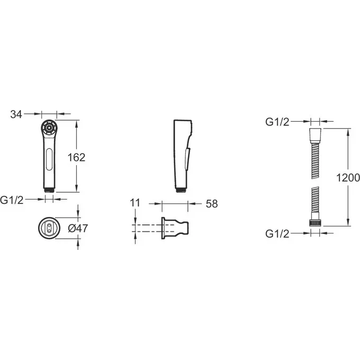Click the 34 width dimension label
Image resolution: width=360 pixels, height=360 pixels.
click(x=16, y=114)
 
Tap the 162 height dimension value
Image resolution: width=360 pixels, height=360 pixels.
click(x=76, y=158)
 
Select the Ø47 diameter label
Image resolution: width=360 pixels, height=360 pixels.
click(x=78, y=228)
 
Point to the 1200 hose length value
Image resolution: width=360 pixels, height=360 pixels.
click(x=348, y=178)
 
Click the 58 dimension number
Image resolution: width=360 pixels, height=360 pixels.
click(x=212, y=204)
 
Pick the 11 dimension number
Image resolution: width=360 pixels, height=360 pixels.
click(x=135, y=203)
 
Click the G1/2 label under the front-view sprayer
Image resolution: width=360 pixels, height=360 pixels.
click(x=12, y=200)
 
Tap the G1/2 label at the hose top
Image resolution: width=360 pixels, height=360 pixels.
click(x=277, y=122)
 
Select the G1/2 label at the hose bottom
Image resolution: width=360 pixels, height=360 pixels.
click(x=277, y=233)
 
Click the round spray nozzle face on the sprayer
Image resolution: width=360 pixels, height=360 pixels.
click(x=49, y=128)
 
